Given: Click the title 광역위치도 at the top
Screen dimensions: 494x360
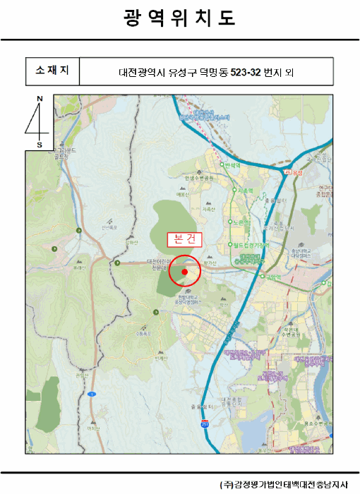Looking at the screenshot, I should [x=179, y=18].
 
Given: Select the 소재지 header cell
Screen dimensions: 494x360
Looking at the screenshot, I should [x=52, y=71].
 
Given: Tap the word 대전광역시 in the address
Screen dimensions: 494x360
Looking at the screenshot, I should [x=139, y=71].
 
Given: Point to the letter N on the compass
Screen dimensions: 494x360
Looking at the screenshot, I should [x=40, y=99].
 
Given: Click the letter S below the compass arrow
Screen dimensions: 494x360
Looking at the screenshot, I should [x=40, y=145].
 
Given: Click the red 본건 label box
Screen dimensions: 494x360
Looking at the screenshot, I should [x=184, y=239].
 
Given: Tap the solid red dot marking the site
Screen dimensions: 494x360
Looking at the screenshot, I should [x=185, y=271].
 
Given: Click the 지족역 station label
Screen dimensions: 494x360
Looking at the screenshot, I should [x=245, y=191].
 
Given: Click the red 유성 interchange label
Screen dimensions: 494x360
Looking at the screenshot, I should [x=292, y=171].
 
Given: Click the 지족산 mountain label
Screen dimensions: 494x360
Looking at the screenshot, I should [x=208, y=210].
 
